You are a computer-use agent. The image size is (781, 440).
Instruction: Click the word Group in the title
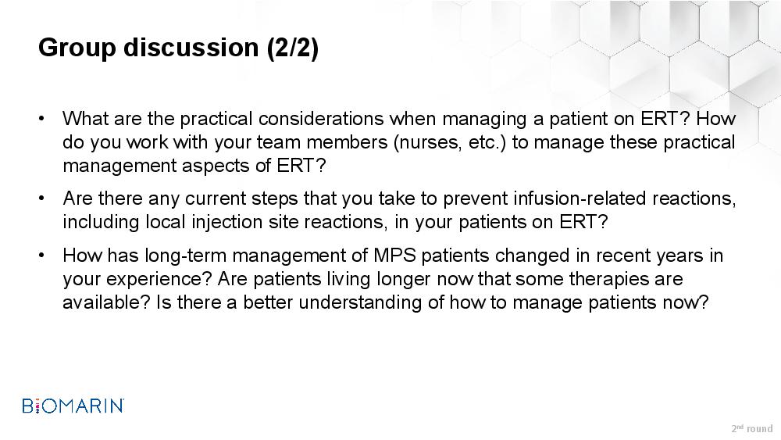coord(77,48)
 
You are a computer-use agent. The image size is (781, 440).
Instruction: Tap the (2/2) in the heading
coord(292,48)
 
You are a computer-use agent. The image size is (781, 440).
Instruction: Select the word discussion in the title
coord(191,48)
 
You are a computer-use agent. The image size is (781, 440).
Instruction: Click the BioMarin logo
coord(73,405)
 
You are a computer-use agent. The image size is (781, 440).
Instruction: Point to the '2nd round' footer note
coord(752,428)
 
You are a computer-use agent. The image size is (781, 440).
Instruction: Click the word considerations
coord(321,119)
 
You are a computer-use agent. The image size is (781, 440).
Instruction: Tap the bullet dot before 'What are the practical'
coord(41,119)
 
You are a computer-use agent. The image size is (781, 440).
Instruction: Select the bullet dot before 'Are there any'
coord(41,199)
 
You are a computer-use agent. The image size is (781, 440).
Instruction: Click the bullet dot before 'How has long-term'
coord(41,256)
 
